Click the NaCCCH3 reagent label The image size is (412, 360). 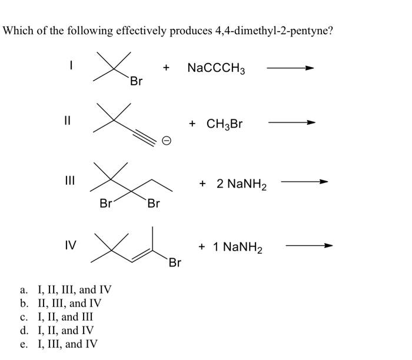216,69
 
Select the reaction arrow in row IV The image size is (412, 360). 309,246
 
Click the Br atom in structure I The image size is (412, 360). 136,82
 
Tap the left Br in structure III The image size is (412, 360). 107,204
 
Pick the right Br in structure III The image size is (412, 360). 153,204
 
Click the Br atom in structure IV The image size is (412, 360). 175,262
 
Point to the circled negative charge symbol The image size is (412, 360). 167,141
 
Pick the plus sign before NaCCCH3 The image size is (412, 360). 167,68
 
